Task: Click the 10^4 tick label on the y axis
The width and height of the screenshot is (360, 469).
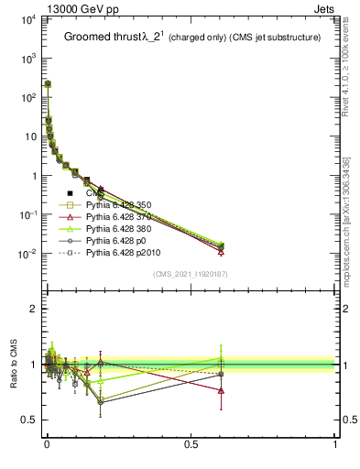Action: (26, 18)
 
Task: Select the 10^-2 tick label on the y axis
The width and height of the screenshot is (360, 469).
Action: (26, 254)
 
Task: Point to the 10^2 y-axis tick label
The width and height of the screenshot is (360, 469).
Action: (26, 97)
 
